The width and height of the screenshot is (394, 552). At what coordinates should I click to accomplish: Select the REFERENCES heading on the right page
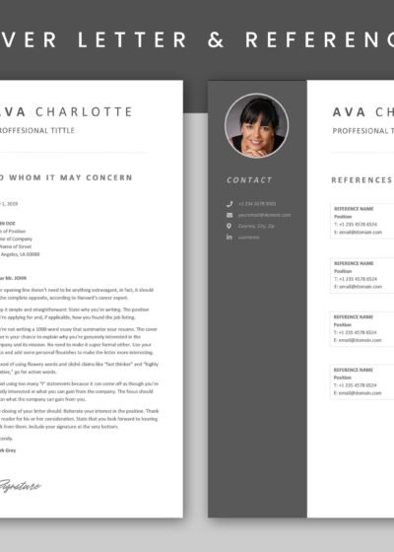361,180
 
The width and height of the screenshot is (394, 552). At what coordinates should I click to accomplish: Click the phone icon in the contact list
230,203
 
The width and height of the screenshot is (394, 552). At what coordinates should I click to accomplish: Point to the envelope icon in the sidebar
230,214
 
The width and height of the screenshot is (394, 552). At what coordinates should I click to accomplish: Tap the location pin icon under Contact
230,226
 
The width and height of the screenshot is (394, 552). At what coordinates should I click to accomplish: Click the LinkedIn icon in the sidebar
230,238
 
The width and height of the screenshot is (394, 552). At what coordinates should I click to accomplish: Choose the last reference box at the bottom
362,390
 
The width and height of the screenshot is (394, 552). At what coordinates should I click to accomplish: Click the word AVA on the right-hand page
350,111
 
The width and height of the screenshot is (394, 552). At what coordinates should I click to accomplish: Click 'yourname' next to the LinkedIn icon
250,238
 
